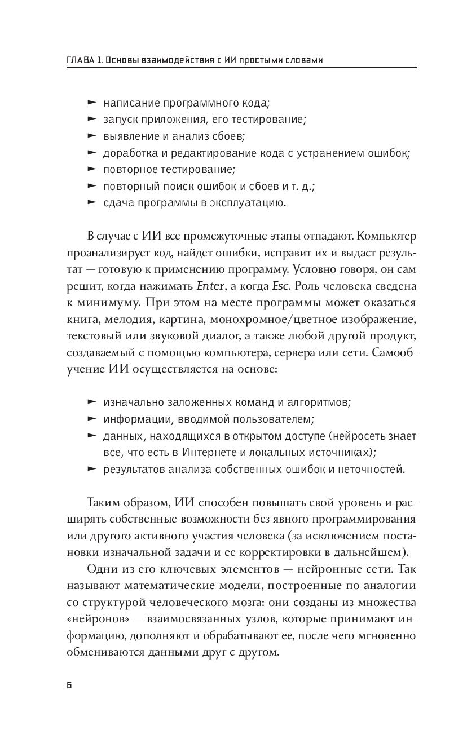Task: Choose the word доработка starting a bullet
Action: pyautogui.click(x=127, y=153)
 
